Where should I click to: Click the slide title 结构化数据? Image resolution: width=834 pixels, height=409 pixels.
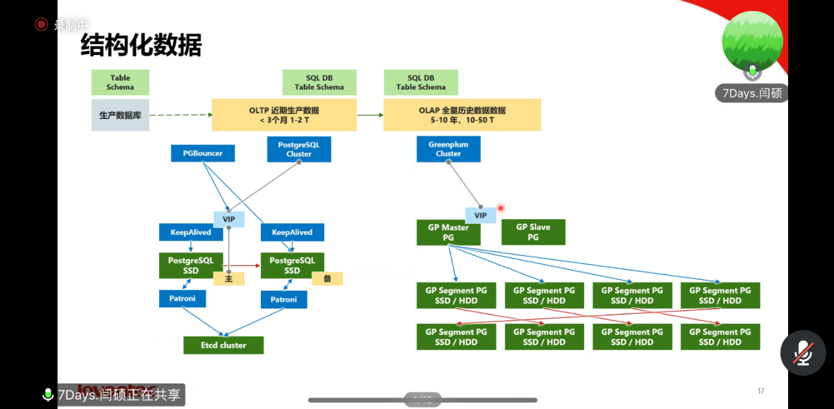pos(141,46)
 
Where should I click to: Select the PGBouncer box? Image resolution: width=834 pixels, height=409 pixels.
pos(202,154)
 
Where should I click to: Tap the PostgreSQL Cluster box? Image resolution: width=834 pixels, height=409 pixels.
pos(299,149)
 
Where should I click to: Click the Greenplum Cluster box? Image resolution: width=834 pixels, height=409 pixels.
pos(448,149)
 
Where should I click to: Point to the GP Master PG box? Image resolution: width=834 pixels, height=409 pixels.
pos(448,232)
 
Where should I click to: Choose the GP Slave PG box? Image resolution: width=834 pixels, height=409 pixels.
pos(533,232)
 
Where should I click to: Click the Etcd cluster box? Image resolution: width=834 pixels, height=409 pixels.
pos(223,345)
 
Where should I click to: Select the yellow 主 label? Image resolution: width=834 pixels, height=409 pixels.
pos(229,279)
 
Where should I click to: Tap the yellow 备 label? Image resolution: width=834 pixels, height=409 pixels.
pos(327,278)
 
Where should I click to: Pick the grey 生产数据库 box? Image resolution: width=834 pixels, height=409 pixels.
pos(120,115)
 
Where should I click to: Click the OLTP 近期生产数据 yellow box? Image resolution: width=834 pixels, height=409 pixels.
pos(284,115)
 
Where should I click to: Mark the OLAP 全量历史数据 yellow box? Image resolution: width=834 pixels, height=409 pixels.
pos(462,115)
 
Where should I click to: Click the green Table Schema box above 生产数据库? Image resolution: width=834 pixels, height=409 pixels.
pos(120,82)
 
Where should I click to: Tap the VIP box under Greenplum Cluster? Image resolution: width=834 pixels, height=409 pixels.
pos(480,215)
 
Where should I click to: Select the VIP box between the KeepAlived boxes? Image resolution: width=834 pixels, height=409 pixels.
pos(229,219)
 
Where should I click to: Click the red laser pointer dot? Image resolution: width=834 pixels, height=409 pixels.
pos(501,208)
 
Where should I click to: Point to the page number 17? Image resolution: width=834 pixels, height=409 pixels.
pos(761,391)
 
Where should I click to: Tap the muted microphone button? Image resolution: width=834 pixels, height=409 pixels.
pos(802,353)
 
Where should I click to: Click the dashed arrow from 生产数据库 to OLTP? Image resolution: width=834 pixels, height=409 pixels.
pos(181,115)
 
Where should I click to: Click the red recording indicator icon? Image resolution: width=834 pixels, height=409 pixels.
pos(41,24)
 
